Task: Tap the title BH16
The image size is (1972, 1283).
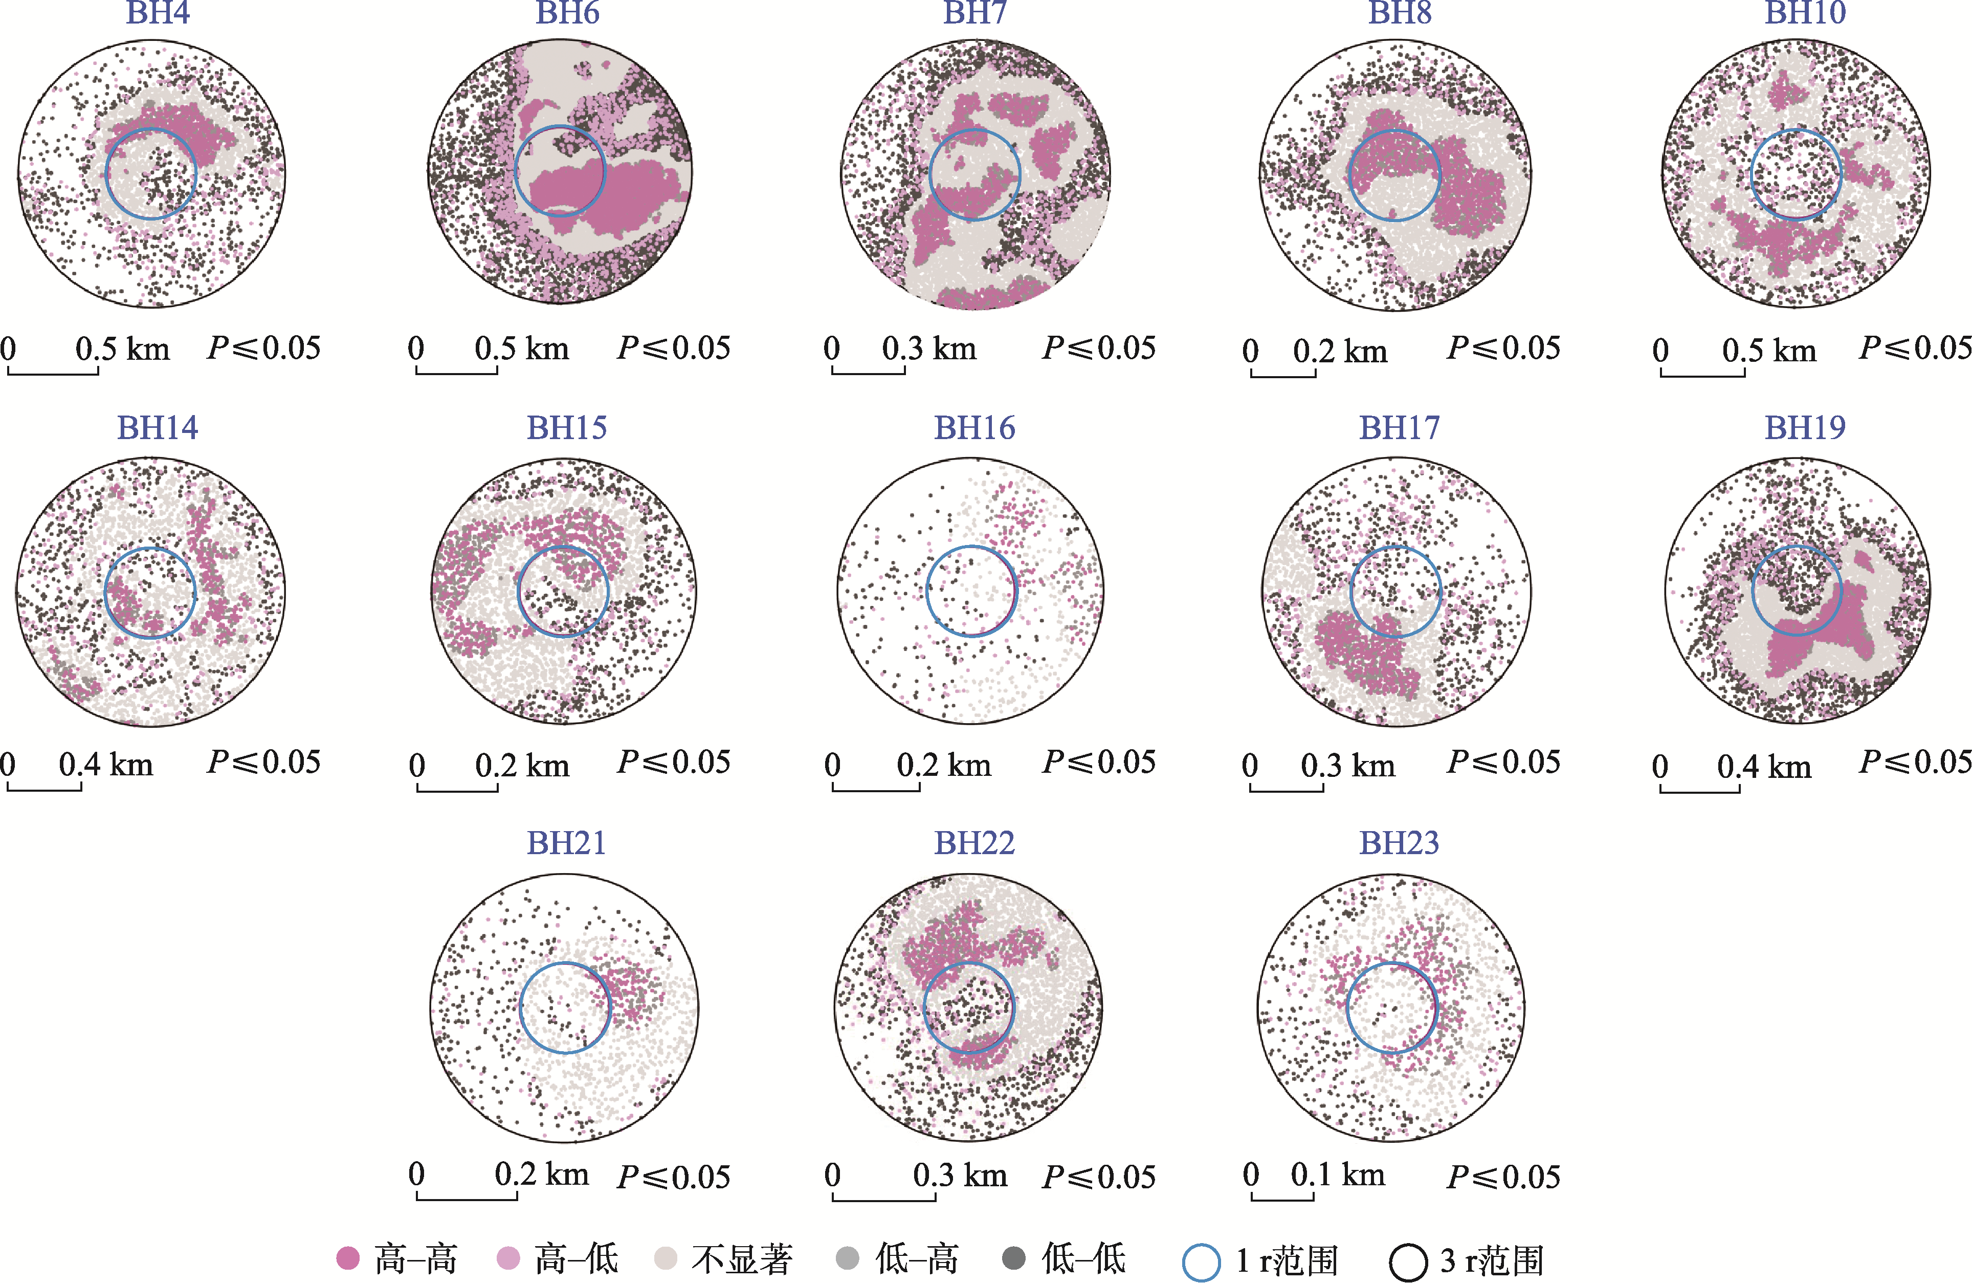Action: coord(974,428)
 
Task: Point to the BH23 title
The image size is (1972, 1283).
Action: coord(1400,843)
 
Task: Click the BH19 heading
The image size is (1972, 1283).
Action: coord(1805,428)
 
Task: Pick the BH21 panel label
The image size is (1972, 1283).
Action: coord(567,843)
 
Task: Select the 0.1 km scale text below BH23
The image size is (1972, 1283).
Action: coord(1337,1175)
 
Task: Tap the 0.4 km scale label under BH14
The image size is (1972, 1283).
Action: coord(106,764)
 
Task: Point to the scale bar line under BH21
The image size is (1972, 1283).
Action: coord(467,1199)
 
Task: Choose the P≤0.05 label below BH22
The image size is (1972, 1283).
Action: coord(1099,1177)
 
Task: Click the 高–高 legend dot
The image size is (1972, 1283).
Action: coord(348,1258)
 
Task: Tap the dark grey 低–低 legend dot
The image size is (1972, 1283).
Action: coord(1013,1258)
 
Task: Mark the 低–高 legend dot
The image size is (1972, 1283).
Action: coord(847,1258)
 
